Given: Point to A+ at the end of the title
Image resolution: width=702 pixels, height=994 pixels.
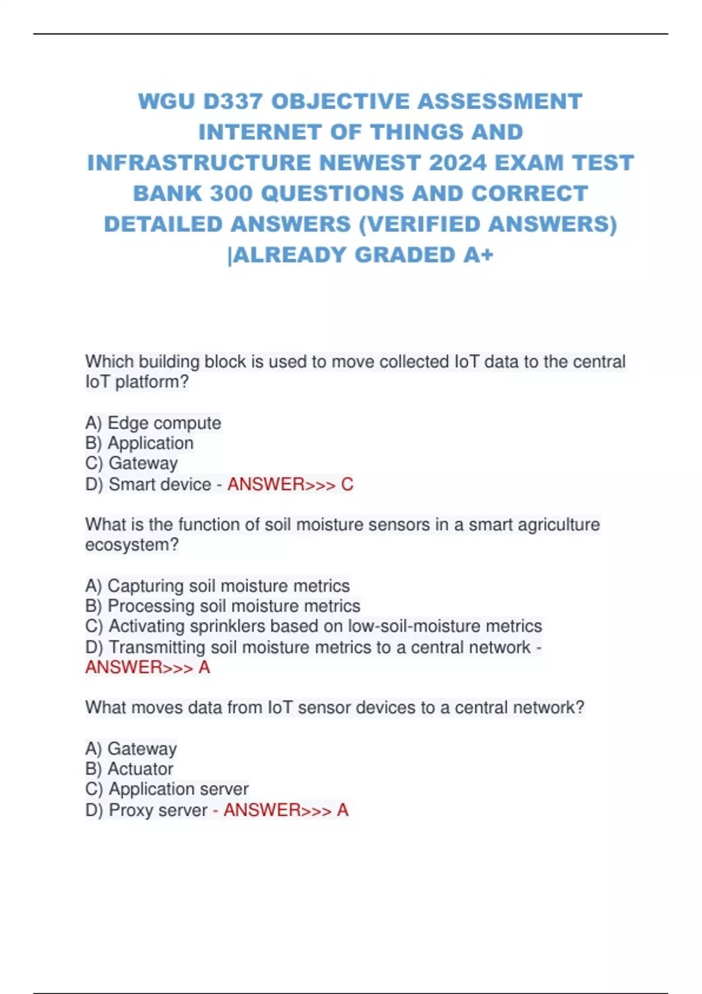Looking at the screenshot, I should [478, 255].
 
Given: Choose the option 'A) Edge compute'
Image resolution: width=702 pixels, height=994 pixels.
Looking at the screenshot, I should [153, 423].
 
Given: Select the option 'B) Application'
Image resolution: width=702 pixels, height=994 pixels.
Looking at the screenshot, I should [139, 443].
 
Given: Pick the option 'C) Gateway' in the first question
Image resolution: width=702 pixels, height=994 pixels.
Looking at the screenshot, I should [132, 463].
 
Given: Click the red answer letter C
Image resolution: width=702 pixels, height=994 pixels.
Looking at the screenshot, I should [347, 484].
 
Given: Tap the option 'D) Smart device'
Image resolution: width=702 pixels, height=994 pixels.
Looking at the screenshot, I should [148, 484].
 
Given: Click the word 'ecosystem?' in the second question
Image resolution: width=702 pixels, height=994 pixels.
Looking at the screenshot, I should [132, 545].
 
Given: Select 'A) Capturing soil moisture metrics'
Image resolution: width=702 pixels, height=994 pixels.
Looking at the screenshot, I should [218, 586].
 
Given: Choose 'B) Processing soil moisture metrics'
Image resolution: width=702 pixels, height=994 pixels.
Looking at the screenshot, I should [223, 606].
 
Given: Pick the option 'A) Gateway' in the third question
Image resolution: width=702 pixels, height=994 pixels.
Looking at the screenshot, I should [131, 748].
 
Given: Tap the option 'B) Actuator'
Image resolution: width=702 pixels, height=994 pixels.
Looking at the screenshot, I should [129, 769].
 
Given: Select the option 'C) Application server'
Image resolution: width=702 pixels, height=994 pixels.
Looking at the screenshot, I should [167, 789].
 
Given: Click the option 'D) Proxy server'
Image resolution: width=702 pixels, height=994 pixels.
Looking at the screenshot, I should [146, 810].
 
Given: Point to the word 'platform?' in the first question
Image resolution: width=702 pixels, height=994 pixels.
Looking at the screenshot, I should [152, 382].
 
